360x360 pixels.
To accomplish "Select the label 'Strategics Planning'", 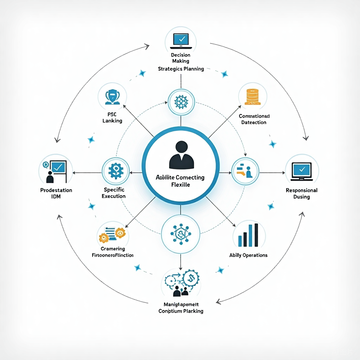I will click(x=181, y=69).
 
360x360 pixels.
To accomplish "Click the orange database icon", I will click(x=253, y=96).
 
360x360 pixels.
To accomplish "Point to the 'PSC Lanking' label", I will click(x=112, y=117).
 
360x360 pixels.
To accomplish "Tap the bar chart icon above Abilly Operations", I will click(x=248, y=235).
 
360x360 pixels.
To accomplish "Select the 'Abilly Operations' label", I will click(x=248, y=255).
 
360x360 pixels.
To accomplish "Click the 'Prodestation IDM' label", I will click(x=56, y=193).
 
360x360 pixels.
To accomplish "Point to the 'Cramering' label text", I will click(x=112, y=249).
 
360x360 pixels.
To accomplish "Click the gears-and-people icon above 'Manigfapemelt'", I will click(x=181, y=283).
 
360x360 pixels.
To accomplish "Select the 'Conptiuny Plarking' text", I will click(x=181, y=311).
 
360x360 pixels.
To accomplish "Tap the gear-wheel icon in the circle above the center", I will click(x=181, y=102).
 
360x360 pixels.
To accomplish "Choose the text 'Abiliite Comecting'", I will click(x=180, y=178).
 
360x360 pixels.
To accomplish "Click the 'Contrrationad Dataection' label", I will click(x=254, y=119).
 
